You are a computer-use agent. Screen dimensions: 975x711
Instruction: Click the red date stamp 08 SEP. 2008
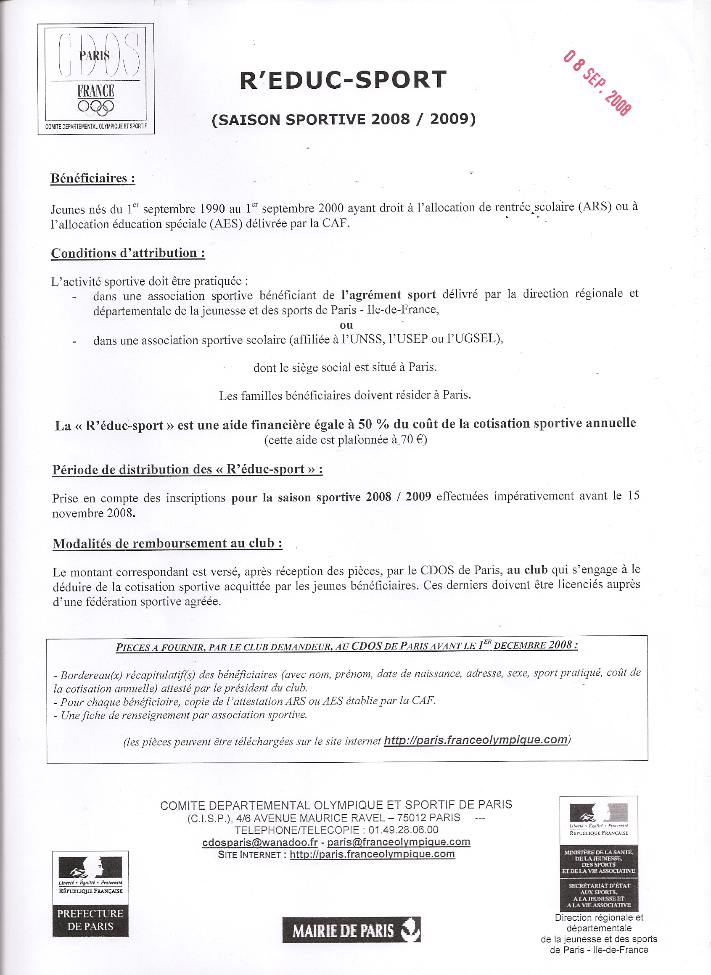click(x=598, y=82)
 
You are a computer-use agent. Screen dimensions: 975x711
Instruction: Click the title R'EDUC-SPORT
click(x=343, y=79)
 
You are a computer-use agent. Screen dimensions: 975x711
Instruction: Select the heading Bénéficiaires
click(x=93, y=178)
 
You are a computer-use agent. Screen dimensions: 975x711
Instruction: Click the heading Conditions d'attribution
click(x=128, y=253)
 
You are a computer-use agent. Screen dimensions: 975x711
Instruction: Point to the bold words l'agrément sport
click(x=388, y=295)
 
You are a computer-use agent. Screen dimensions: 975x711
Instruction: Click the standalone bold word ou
click(x=346, y=325)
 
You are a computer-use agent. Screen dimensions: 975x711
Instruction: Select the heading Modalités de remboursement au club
click(x=167, y=544)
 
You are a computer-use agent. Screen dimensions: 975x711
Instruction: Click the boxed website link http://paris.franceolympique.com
click(x=476, y=740)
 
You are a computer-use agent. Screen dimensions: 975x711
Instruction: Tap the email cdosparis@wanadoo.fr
click(x=260, y=842)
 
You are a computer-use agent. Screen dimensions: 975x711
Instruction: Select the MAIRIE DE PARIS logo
click(x=351, y=930)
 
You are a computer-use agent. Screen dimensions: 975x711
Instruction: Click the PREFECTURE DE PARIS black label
click(x=90, y=920)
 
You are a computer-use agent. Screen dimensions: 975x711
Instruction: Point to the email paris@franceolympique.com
click(x=399, y=842)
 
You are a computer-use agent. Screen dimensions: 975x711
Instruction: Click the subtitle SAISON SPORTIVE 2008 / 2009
click(x=344, y=119)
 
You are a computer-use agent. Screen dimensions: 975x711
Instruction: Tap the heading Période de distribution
click(x=187, y=470)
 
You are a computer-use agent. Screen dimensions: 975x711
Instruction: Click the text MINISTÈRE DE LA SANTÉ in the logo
click(x=598, y=852)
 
